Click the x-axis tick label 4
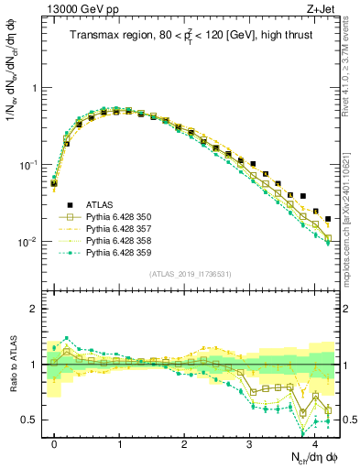click(314, 443)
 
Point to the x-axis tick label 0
click(54, 443)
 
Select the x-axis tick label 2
click(184, 443)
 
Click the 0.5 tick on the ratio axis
click(32, 420)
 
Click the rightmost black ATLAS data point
click(328, 219)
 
